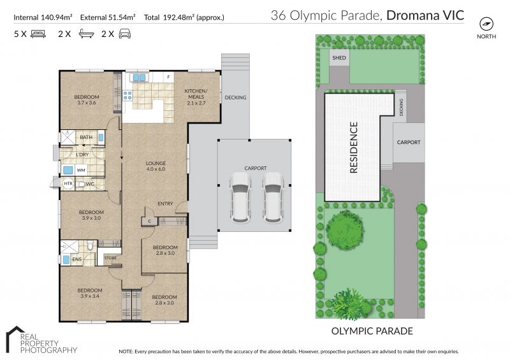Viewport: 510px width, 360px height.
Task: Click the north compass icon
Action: coord(486,24)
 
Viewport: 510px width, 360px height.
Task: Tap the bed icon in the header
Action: coord(38,34)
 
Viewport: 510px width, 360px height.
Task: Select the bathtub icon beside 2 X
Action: coord(86,34)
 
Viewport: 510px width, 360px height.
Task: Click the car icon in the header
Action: coord(124,34)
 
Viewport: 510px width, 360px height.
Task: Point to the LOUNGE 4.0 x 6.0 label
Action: coord(156,166)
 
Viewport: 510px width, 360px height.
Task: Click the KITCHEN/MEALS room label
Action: coord(196,97)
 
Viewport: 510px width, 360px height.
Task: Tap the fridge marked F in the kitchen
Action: coord(168,77)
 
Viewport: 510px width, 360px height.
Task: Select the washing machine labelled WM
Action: coord(81,169)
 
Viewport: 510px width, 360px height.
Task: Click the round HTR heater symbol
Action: coord(68,184)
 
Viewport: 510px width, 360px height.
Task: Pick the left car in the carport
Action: coord(240,198)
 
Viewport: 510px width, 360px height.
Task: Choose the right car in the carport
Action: coord(273,198)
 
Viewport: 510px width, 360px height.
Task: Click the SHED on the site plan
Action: coord(339,57)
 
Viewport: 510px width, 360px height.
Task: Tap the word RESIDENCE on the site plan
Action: coord(354,147)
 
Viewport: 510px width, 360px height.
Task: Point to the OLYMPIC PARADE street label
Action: coord(372,331)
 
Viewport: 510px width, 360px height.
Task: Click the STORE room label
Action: coord(110,257)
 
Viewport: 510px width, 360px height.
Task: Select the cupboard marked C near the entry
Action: coord(149,222)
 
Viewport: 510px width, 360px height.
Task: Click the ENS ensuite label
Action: coord(76,259)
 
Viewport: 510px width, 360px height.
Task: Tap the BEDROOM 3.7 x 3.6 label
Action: coord(87,99)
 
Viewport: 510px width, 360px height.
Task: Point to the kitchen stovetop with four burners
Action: coord(127,96)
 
